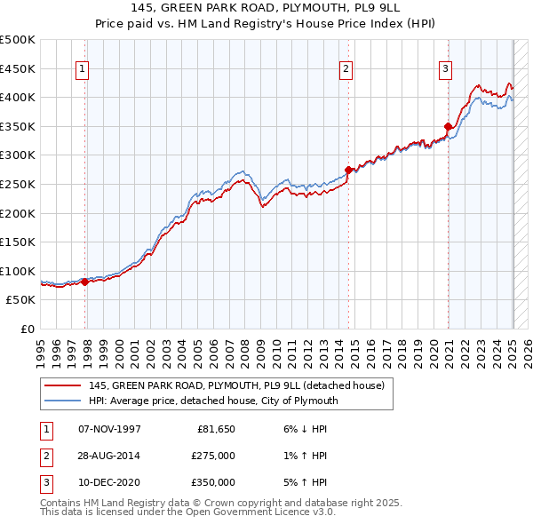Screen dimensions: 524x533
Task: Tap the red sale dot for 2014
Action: click(x=348, y=170)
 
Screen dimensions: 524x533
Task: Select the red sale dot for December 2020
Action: click(x=448, y=126)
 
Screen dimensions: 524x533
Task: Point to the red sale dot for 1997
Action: click(x=85, y=282)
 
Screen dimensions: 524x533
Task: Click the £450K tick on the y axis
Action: click(x=18, y=68)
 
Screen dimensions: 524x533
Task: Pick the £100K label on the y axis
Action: click(x=18, y=272)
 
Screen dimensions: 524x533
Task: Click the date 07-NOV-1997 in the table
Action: click(x=109, y=429)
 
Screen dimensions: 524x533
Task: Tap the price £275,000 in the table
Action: click(x=214, y=456)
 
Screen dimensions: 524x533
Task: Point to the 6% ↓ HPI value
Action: click(x=303, y=429)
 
